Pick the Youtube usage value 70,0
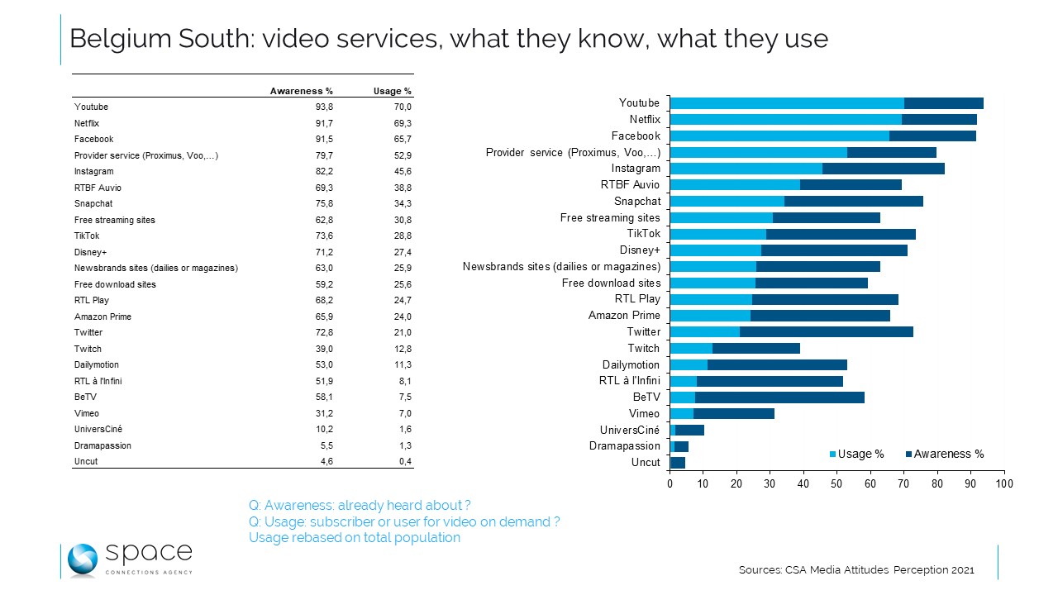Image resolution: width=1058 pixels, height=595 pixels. (x=401, y=107)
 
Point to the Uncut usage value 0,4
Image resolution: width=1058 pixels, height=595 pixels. (x=403, y=461)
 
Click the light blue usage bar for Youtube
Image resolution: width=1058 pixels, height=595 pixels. (x=786, y=103)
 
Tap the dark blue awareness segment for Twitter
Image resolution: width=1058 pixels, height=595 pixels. (x=826, y=332)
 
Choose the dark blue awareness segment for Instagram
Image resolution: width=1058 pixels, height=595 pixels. (x=883, y=169)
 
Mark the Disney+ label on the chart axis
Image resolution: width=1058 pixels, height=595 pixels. (x=640, y=250)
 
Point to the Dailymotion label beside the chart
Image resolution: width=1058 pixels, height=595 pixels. (x=631, y=364)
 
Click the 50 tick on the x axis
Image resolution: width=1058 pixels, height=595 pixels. (x=836, y=483)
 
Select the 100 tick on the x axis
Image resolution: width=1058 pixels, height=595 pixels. (x=1003, y=483)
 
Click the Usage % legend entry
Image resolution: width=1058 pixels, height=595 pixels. (x=860, y=454)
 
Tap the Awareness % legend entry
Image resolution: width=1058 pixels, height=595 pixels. (x=948, y=454)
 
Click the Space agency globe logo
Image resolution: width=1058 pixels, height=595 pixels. (x=83, y=559)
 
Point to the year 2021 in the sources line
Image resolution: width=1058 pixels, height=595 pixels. (x=962, y=570)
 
